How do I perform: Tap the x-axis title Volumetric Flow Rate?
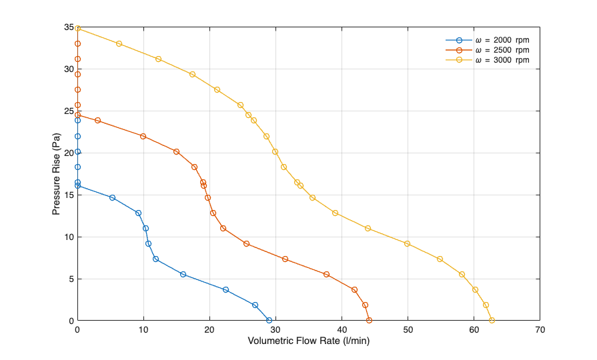[308, 341]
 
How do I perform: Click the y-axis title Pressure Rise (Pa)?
[57, 174]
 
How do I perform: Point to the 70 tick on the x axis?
[540, 329]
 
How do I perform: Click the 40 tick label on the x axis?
[342, 329]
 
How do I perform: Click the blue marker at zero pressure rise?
[269, 321]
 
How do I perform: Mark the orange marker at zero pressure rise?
[369, 321]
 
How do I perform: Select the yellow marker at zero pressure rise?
[492, 321]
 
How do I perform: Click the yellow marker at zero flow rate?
[77, 28]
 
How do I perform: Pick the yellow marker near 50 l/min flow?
[407, 243]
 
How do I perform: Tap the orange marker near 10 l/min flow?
[143, 136]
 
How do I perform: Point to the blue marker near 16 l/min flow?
[183, 274]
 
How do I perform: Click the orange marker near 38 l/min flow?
[326, 274]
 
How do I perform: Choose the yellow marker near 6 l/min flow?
[119, 43]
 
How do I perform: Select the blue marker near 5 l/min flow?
[112, 197]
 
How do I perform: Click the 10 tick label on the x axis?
[143, 329]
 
